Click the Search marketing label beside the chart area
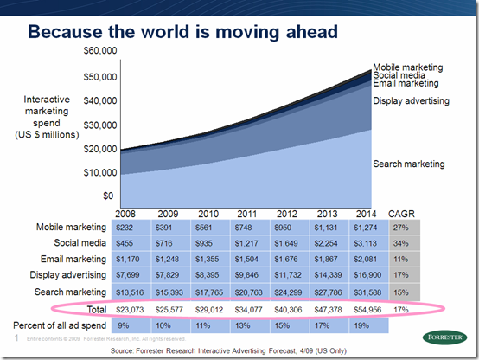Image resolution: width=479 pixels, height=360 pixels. (408, 164)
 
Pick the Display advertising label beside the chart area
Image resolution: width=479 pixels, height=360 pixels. (411, 101)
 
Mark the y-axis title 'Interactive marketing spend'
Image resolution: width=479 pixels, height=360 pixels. (53, 117)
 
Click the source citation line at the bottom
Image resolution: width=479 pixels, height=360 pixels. (239, 351)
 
